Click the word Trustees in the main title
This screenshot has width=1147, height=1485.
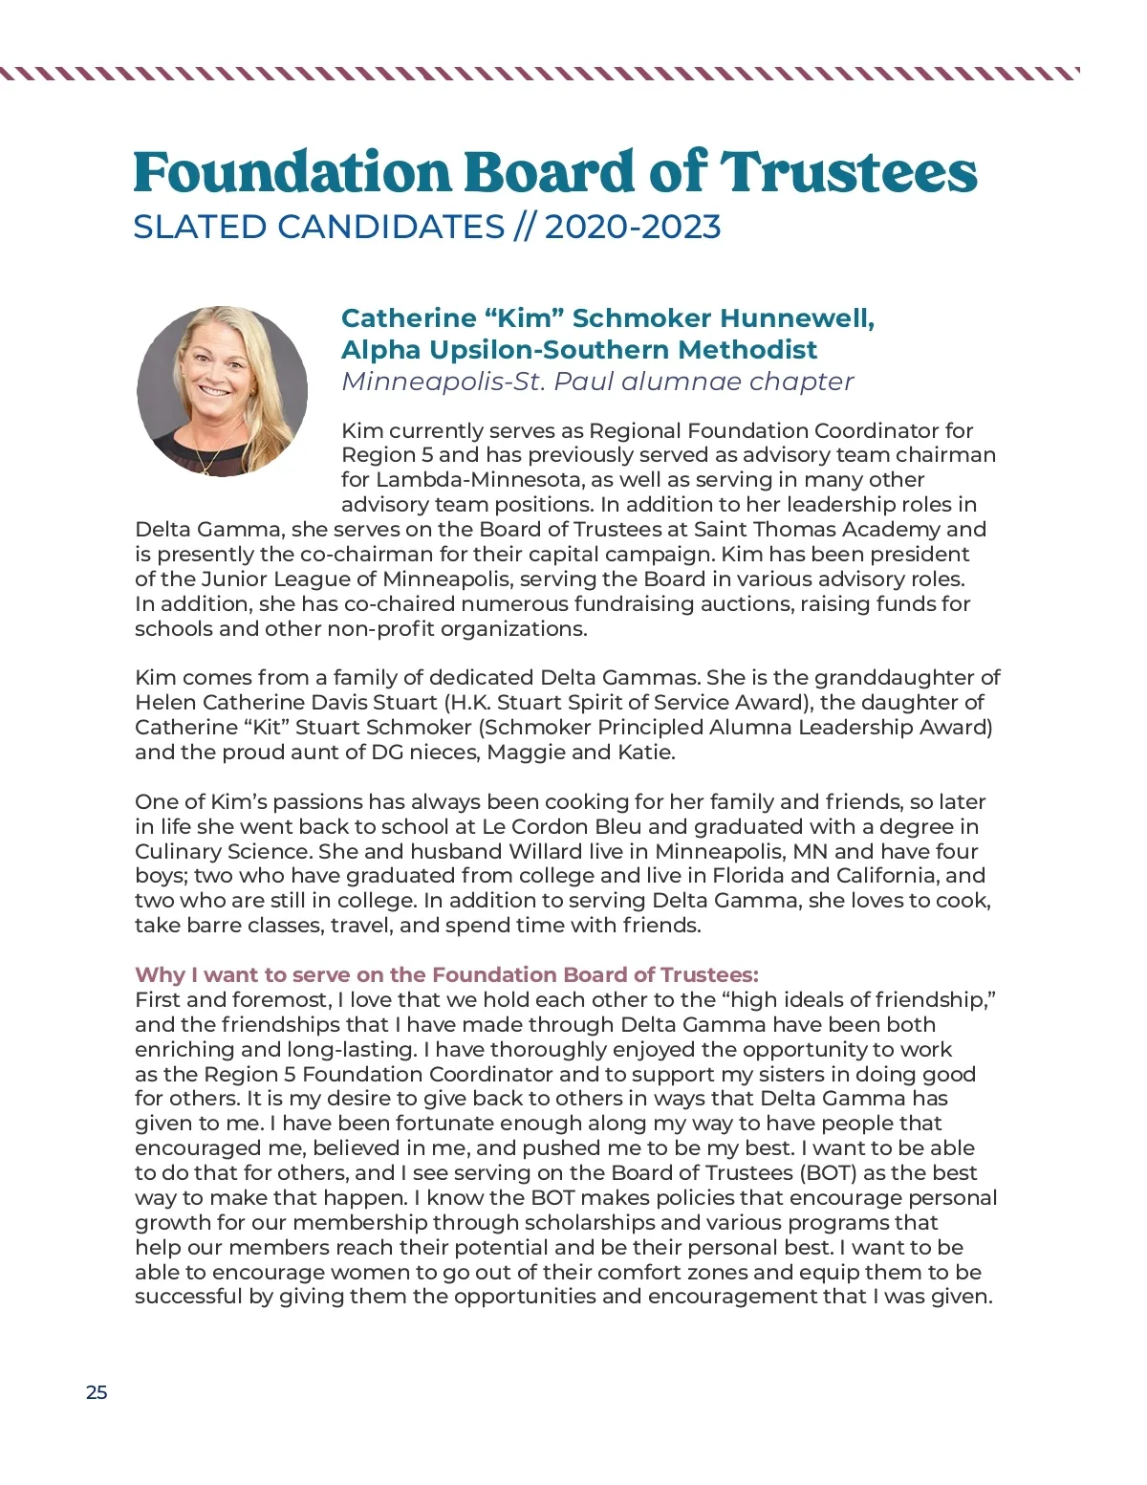pos(848,173)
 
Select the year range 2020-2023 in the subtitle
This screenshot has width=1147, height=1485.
pos(632,227)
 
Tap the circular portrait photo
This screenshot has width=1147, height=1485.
pos(223,391)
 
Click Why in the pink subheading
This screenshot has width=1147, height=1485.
pos(159,974)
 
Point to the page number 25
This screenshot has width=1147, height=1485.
pos(97,1392)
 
